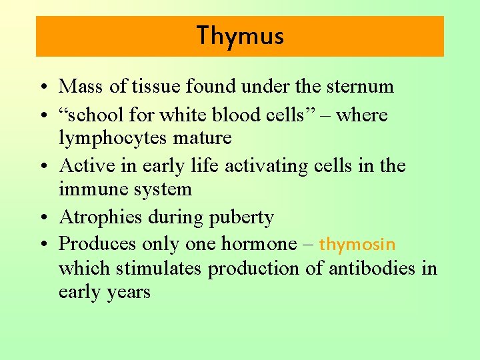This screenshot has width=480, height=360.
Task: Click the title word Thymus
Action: coord(240,36)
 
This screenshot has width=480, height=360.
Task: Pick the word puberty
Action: coord(243,218)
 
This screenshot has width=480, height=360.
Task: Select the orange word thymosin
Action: coord(357,244)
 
